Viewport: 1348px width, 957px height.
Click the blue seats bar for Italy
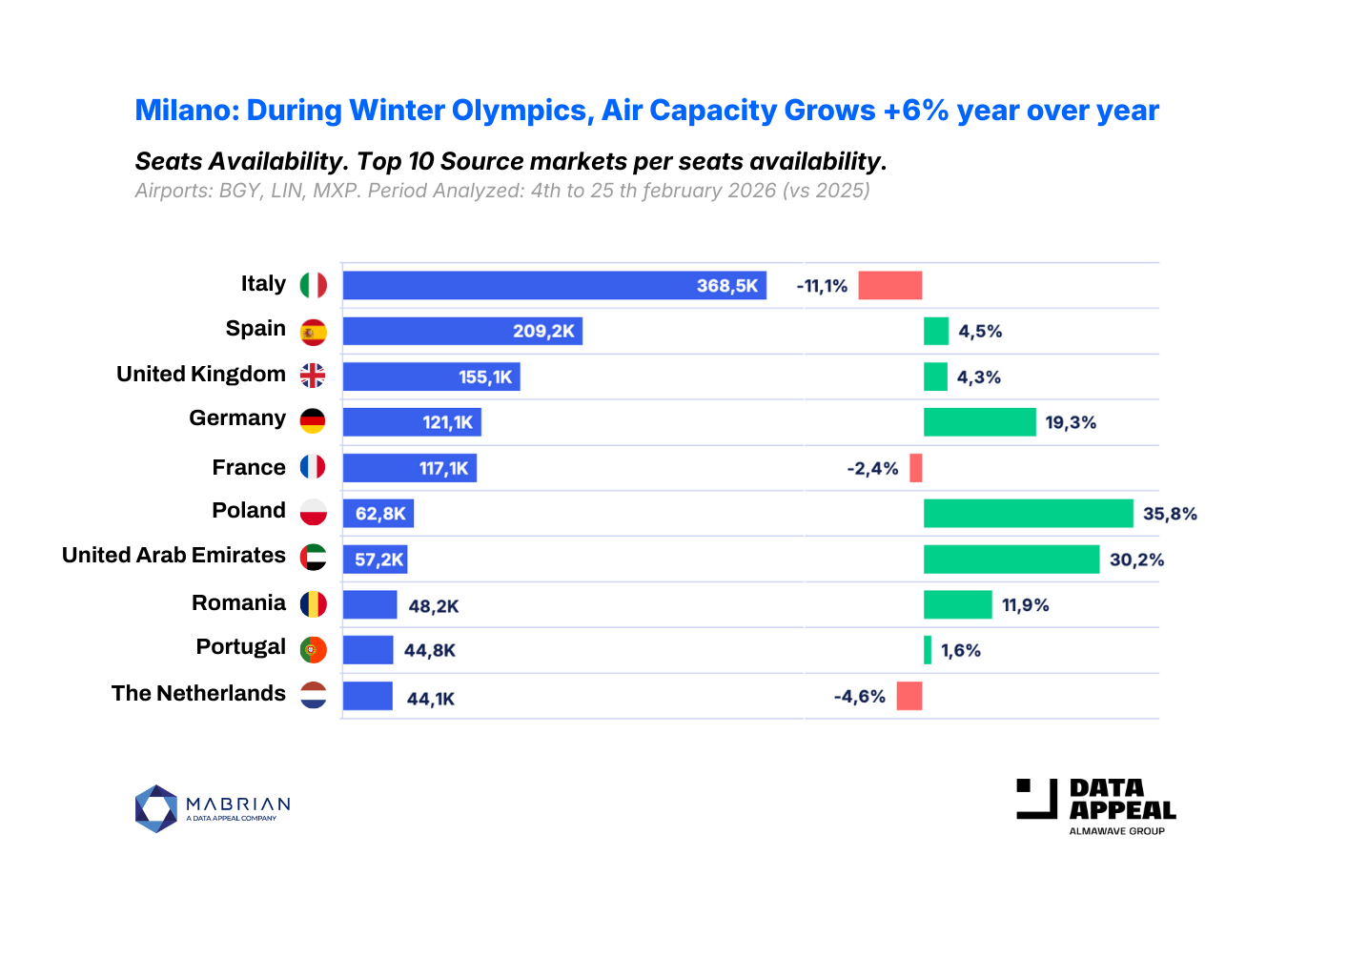click(553, 285)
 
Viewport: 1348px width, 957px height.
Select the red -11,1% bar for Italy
click(889, 285)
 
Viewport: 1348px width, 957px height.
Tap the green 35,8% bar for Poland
click(1028, 514)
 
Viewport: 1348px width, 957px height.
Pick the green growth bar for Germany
click(979, 422)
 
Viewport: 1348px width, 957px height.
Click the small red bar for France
click(916, 468)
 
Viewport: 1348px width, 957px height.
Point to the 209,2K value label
click(543, 331)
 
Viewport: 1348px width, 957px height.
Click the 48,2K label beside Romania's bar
click(434, 606)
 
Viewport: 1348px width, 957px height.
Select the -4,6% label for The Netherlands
click(859, 697)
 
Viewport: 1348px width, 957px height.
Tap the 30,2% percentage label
click(1136, 560)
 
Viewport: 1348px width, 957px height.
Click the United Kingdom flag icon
click(313, 376)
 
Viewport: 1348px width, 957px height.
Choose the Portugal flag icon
click(313, 650)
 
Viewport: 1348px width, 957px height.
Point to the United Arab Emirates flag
click(313, 558)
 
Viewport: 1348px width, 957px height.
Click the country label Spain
click(255, 329)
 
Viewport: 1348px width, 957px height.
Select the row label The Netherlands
click(198, 694)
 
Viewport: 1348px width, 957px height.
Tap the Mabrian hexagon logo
click(156, 808)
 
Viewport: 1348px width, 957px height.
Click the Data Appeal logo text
click(1121, 800)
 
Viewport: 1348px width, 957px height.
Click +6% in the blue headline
click(915, 111)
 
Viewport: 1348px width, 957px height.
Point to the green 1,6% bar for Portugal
click(928, 650)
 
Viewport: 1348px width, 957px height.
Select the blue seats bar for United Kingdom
click(431, 377)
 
